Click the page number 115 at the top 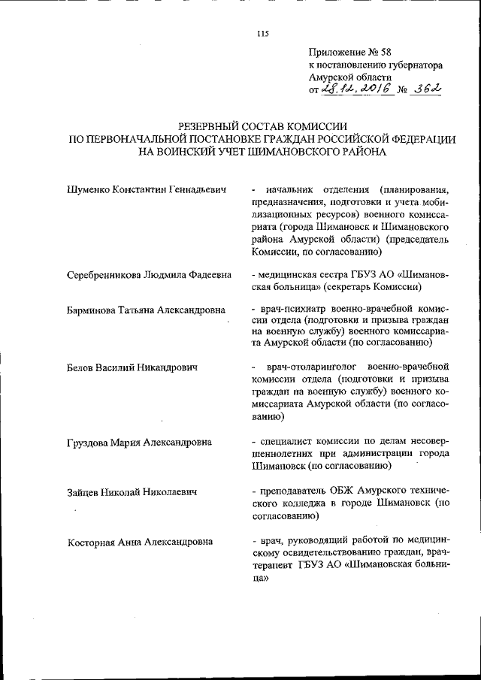tap(262, 33)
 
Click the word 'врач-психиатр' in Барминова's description tap(295, 310)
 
